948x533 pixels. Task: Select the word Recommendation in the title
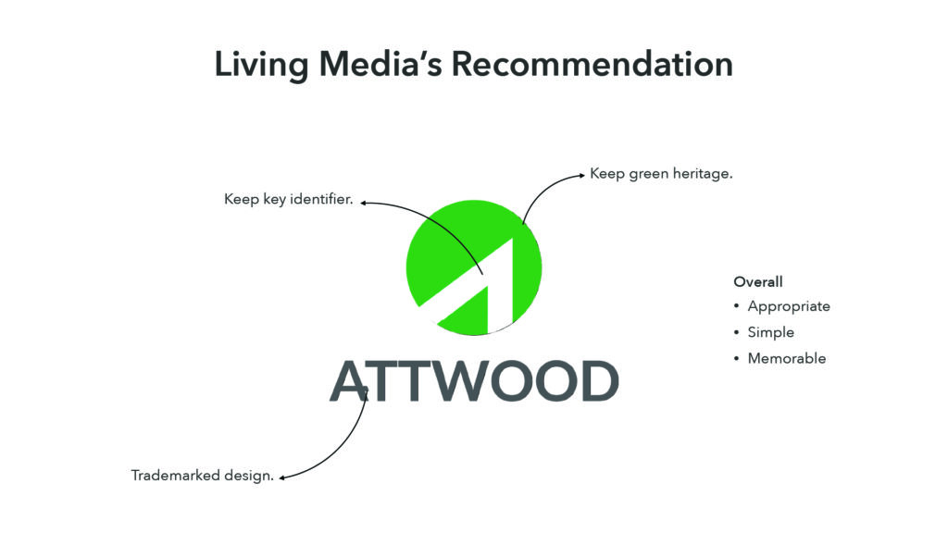point(592,64)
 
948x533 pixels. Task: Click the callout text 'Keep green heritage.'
point(661,174)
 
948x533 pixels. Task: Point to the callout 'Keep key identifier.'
point(289,200)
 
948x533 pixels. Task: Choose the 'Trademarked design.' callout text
point(203,476)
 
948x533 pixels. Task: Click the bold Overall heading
point(758,281)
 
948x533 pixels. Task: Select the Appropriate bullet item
point(789,306)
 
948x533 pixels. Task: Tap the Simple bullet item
point(771,332)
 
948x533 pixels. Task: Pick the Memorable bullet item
point(787,358)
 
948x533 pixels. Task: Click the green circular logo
point(474,267)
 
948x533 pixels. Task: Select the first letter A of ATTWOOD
point(349,381)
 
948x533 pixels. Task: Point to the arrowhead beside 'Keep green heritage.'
point(581,175)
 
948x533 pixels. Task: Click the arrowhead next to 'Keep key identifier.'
point(364,203)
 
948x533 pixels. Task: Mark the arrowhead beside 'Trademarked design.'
point(282,478)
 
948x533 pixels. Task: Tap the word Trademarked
point(175,476)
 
